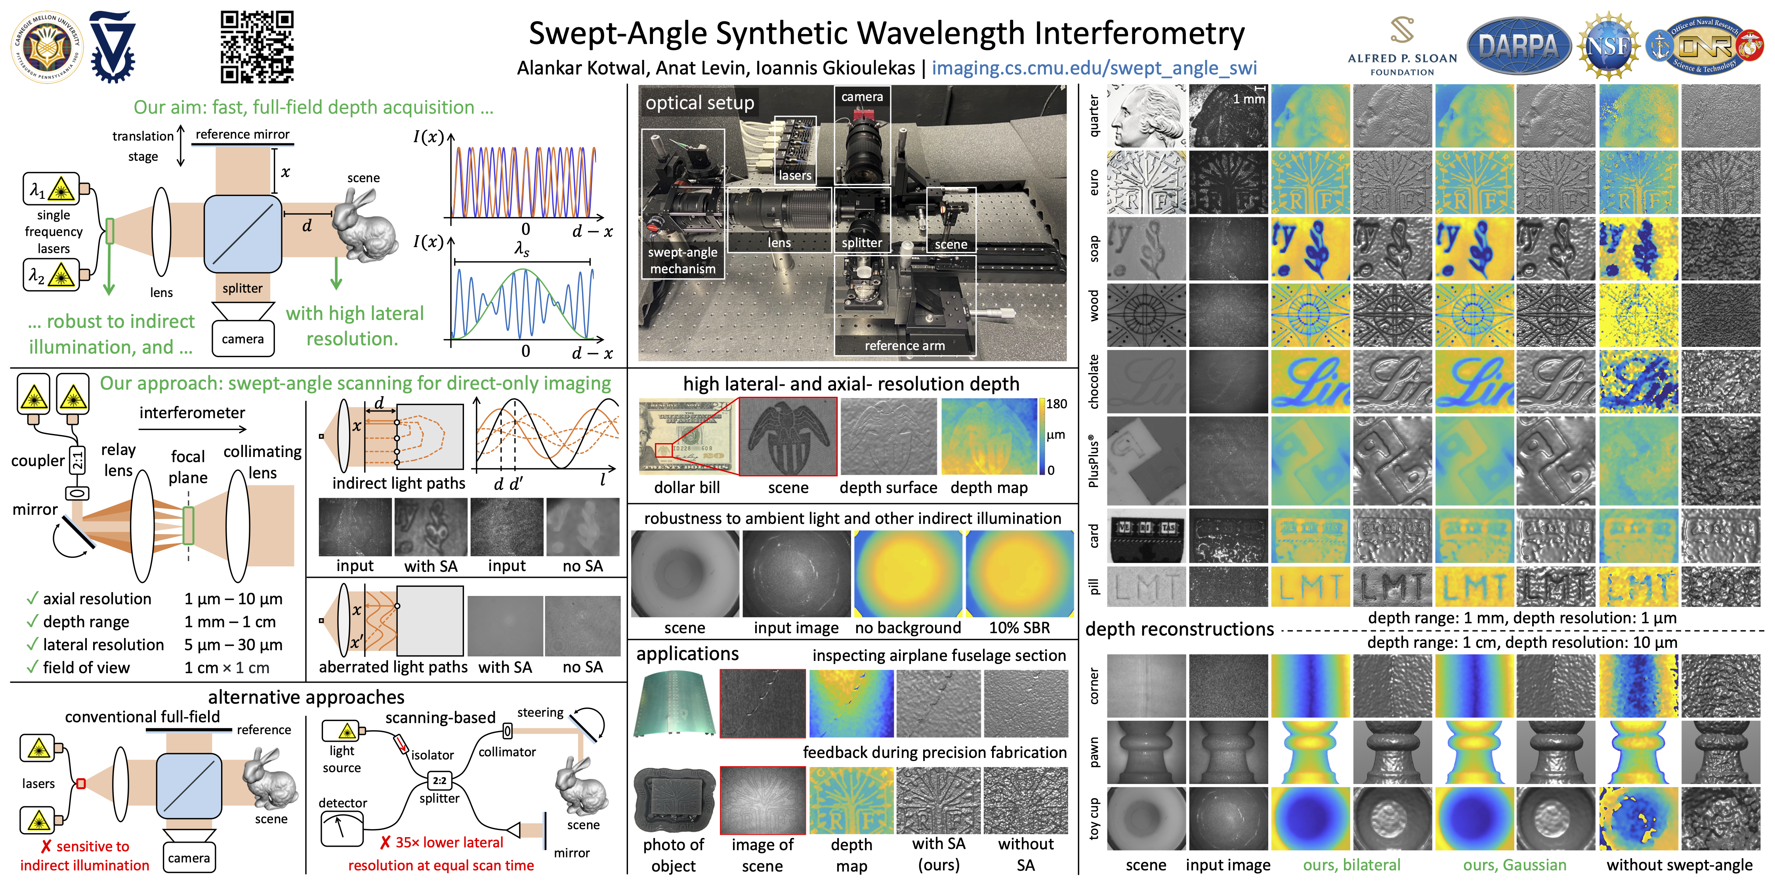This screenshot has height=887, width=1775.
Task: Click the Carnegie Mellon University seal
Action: click(x=46, y=46)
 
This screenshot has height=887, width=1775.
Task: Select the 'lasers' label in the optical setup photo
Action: click(x=794, y=175)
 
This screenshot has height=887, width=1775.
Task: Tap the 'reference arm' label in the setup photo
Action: click(x=904, y=346)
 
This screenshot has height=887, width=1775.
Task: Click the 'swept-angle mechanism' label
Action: click(x=682, y=260)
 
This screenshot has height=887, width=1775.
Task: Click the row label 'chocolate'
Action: click(x=1094, y=381)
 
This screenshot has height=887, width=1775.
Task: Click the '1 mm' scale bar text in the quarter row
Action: click(x=1248, y=99)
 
